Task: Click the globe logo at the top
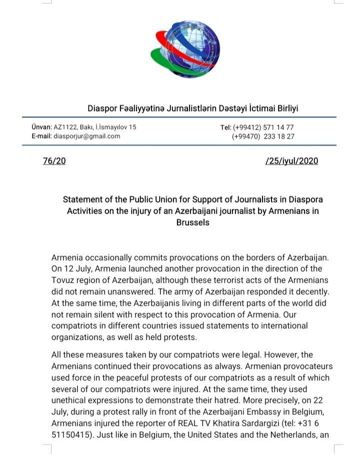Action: point(185,49)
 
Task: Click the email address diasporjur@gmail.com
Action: point(86,136)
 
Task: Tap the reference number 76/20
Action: point(54,161)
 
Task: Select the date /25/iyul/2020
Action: point(291,161)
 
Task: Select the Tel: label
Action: point(225,128)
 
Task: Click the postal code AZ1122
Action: point(65,128)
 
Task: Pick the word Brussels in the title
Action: point(192,222)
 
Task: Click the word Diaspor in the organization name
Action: point(102,108)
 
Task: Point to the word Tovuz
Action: point(63,280)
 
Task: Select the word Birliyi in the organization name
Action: point(284,108)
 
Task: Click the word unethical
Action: point(69,400)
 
